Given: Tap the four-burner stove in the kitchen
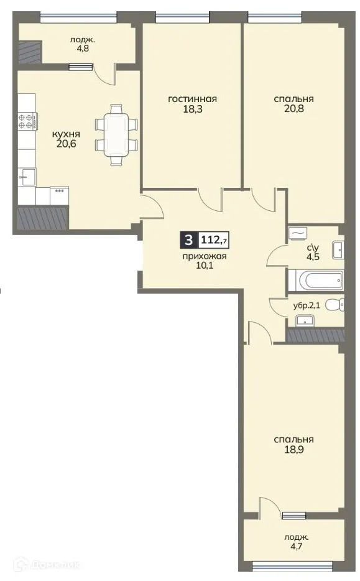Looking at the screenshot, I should click(26, 119).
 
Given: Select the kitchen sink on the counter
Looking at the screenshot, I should click(26, 174).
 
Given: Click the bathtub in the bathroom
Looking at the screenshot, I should click(316, 281).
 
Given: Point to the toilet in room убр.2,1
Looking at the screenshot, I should click(335, 305).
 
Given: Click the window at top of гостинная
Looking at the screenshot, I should click(180, 19).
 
